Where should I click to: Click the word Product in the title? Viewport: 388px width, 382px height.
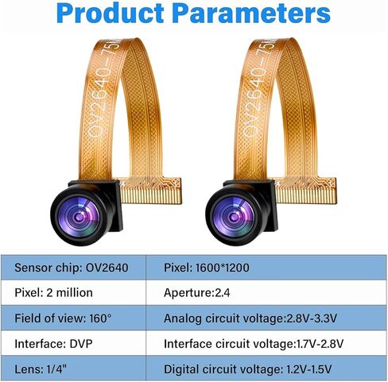111,13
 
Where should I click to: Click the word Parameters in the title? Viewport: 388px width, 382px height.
252,13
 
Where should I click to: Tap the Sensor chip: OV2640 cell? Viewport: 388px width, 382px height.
73,268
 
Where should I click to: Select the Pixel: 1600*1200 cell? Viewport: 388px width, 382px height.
266,268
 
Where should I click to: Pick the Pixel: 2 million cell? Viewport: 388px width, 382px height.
73,292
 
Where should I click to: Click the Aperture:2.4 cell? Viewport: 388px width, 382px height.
266,292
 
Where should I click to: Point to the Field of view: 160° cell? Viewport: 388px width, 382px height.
73,318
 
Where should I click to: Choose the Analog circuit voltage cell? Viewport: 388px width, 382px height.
266,318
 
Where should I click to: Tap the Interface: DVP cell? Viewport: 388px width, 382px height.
73,343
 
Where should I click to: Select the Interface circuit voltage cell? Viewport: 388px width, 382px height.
266,343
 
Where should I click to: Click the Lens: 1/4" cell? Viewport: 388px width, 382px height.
73,368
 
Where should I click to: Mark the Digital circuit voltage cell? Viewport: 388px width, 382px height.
266,368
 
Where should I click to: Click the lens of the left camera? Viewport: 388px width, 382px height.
80,217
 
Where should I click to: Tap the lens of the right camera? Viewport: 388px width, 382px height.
234,217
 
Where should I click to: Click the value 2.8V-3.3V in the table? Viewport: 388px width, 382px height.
312,318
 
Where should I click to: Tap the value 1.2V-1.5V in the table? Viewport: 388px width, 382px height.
309,369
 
